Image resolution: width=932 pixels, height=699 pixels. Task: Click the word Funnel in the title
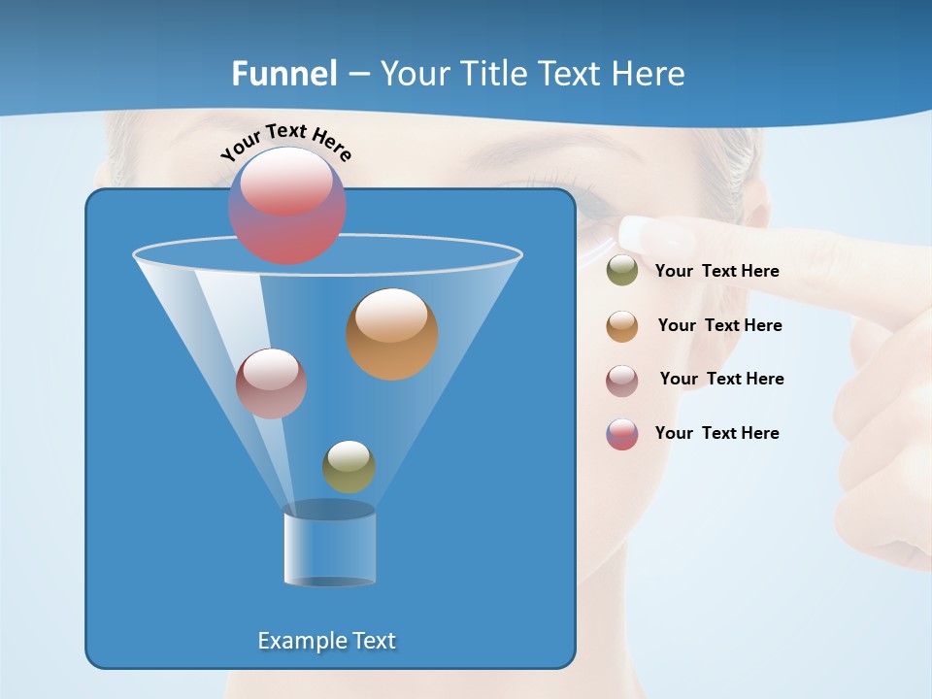(283, 74)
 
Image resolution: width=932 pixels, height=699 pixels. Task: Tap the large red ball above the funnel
(287, 206)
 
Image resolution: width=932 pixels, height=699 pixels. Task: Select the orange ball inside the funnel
(392, 333)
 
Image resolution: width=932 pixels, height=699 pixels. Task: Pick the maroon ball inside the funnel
(271, 383)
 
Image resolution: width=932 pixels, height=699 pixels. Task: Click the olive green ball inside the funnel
(349, 467)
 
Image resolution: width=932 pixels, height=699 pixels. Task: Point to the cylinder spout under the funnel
(329, 549)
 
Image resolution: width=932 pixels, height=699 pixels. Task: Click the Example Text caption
(326, 641)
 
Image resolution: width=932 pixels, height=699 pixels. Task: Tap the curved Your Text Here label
(286, 142)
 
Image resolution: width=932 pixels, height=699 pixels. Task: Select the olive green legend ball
(622, 271)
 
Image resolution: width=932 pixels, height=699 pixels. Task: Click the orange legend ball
(622, 326)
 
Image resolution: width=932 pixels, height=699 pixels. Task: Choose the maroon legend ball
(622, 380)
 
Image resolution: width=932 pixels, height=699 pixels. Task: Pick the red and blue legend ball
(622, 434)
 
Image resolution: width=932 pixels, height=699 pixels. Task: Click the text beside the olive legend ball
(716, 272)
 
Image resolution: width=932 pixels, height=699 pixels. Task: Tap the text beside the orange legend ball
(719, 326)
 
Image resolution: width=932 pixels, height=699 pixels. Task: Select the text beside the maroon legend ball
(721, 380)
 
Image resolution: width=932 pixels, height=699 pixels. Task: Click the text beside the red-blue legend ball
(716, 434)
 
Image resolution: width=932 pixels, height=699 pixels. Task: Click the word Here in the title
(648, 74)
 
